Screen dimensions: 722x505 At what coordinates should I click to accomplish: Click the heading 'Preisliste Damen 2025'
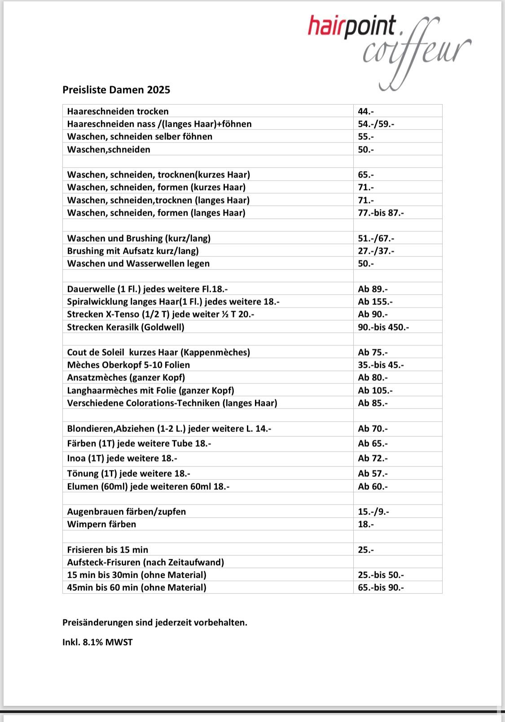(116, 90)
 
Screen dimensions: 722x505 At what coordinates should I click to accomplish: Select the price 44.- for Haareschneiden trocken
(366, 111)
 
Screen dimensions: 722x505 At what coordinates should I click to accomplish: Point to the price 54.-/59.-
(376, 124)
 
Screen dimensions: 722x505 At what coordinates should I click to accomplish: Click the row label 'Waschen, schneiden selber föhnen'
(140, 136)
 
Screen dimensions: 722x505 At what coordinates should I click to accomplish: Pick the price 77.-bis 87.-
(381, 213)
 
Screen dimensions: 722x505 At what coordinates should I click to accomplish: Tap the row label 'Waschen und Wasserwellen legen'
(138, 263)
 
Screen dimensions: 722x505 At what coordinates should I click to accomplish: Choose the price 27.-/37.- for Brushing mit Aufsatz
(376, 251)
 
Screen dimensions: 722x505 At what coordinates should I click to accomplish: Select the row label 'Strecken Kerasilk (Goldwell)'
(126, 327)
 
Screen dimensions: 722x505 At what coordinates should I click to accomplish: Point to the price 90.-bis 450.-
(383, 327)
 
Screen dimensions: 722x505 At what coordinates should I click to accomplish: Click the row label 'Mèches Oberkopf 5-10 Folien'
(128, 365)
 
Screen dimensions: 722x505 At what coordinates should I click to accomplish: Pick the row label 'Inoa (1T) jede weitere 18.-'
(122, 458)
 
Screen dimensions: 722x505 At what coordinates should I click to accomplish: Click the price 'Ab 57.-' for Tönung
(373, 473)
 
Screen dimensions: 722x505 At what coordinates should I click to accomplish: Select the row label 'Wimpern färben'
(101, 524)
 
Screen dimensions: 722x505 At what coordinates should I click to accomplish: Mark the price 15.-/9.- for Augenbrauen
(373, 511)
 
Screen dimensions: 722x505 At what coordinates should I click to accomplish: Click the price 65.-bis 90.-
(381, 587)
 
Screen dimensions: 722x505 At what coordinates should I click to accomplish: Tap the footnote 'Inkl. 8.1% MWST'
(97, 642)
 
